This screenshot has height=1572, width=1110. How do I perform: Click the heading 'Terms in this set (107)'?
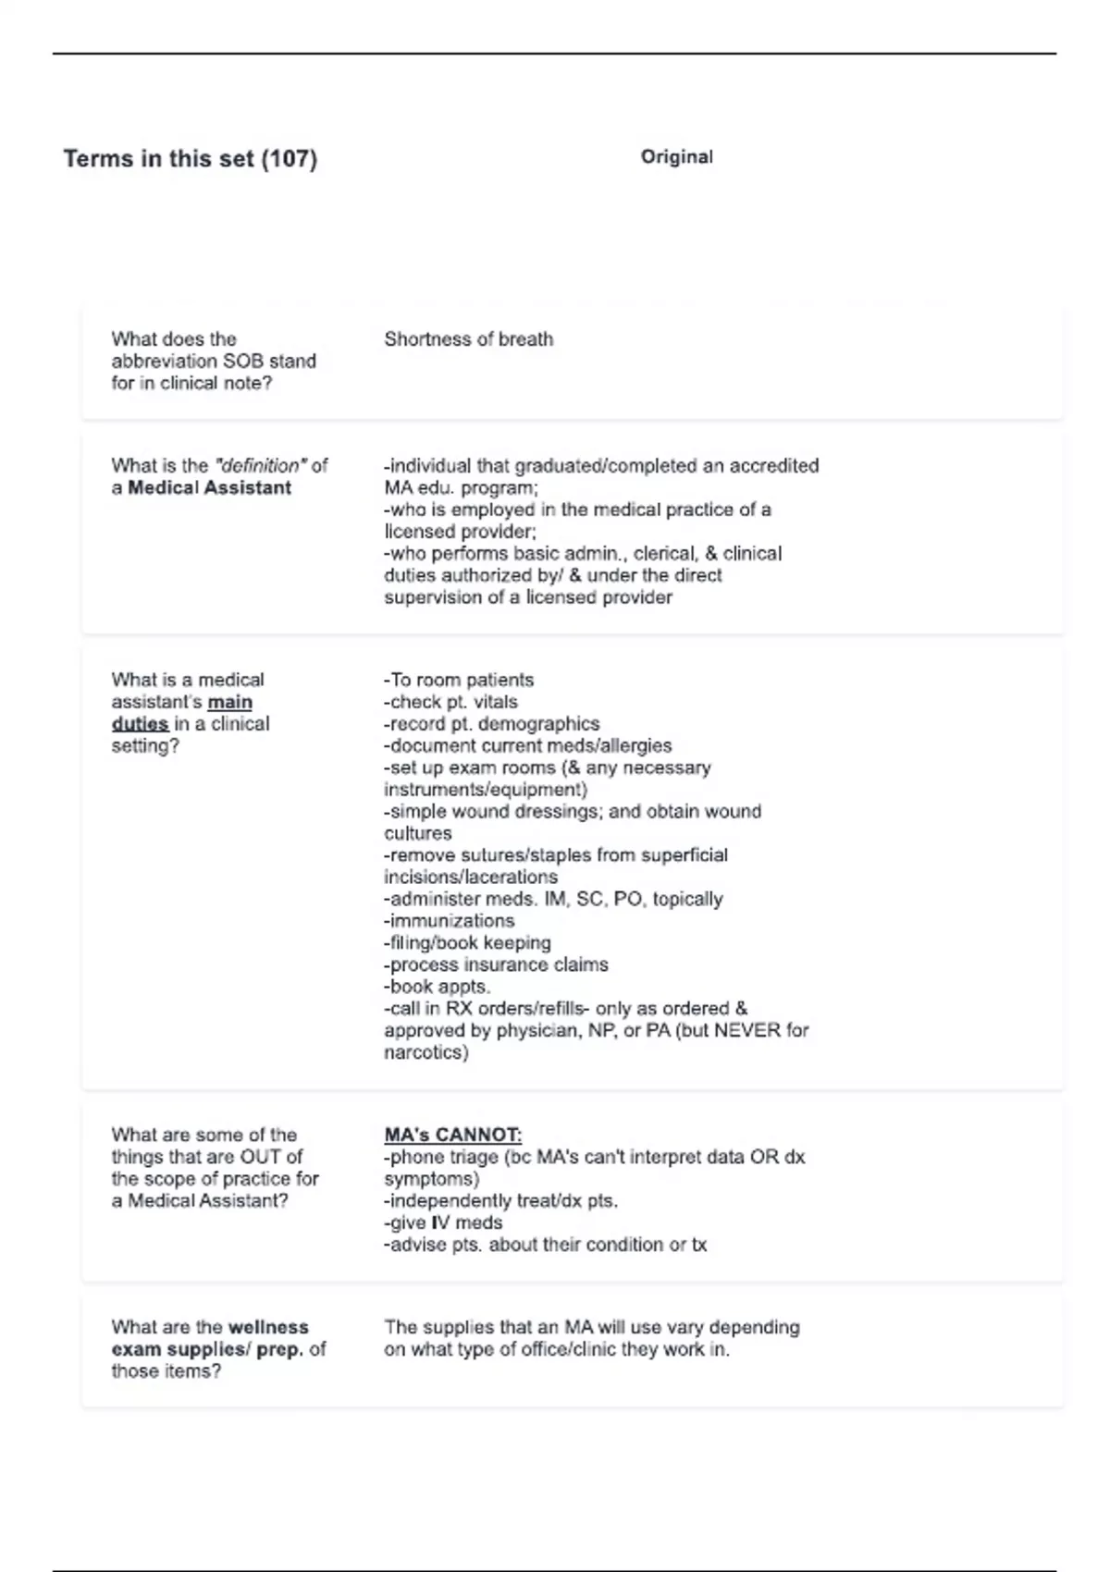[190, 159]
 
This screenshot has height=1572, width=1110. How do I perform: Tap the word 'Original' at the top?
[676, 157]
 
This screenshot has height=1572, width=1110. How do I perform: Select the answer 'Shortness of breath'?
[468, 339]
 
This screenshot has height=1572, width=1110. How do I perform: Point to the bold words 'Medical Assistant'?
[209, 488]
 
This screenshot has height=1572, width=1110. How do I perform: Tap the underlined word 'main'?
[229, 703]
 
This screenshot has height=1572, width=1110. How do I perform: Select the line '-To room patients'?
[459, 681]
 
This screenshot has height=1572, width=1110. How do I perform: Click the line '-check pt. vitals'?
[450, 703]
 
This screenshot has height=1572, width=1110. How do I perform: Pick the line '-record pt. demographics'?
[491, 724]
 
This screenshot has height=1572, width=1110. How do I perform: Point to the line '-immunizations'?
[449, 921]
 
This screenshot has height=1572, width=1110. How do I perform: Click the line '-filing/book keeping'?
[467, 943]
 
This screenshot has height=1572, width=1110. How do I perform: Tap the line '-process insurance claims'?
[496, 965]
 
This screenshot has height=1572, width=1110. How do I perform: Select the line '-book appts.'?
[437, 987]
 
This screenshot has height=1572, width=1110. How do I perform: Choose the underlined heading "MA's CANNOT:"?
[452, 1136]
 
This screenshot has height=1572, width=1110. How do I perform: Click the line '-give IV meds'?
[443, 1223]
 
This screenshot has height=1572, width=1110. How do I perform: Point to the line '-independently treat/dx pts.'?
[500, 1201]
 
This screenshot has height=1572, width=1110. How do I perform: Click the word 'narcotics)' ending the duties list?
[426, 1053]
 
